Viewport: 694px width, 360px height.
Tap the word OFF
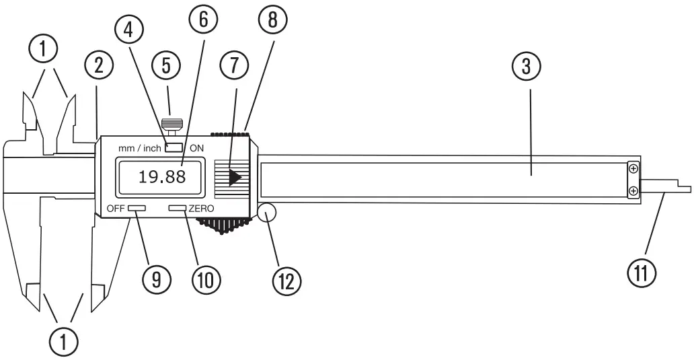116,209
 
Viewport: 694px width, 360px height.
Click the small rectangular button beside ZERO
178,209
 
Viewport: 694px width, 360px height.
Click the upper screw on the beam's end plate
632,168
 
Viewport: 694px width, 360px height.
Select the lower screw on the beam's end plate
632,192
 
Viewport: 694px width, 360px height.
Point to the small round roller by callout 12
267,213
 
